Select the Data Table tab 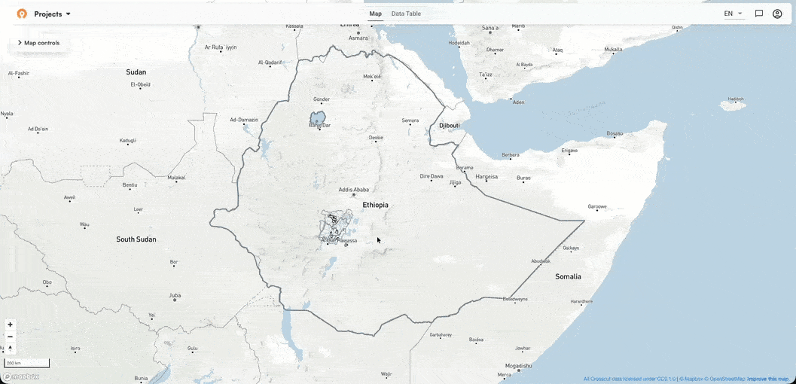click(406, 14)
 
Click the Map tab click(375, 14)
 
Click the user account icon click(777, 14)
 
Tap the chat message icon click(759, 14)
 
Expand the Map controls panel click(38, 43)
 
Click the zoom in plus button click(10, 325)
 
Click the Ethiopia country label click(375, 205)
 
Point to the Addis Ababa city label click(354, 190)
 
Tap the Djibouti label click(450, 125)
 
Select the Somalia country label click(568, 276)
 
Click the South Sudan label click(136, 239)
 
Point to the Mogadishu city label click(519, 365)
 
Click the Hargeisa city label click(486, 177)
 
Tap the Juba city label click(175, 295)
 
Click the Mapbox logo click(21, 376)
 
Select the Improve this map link click(767, 379)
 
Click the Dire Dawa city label click(432, 176)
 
